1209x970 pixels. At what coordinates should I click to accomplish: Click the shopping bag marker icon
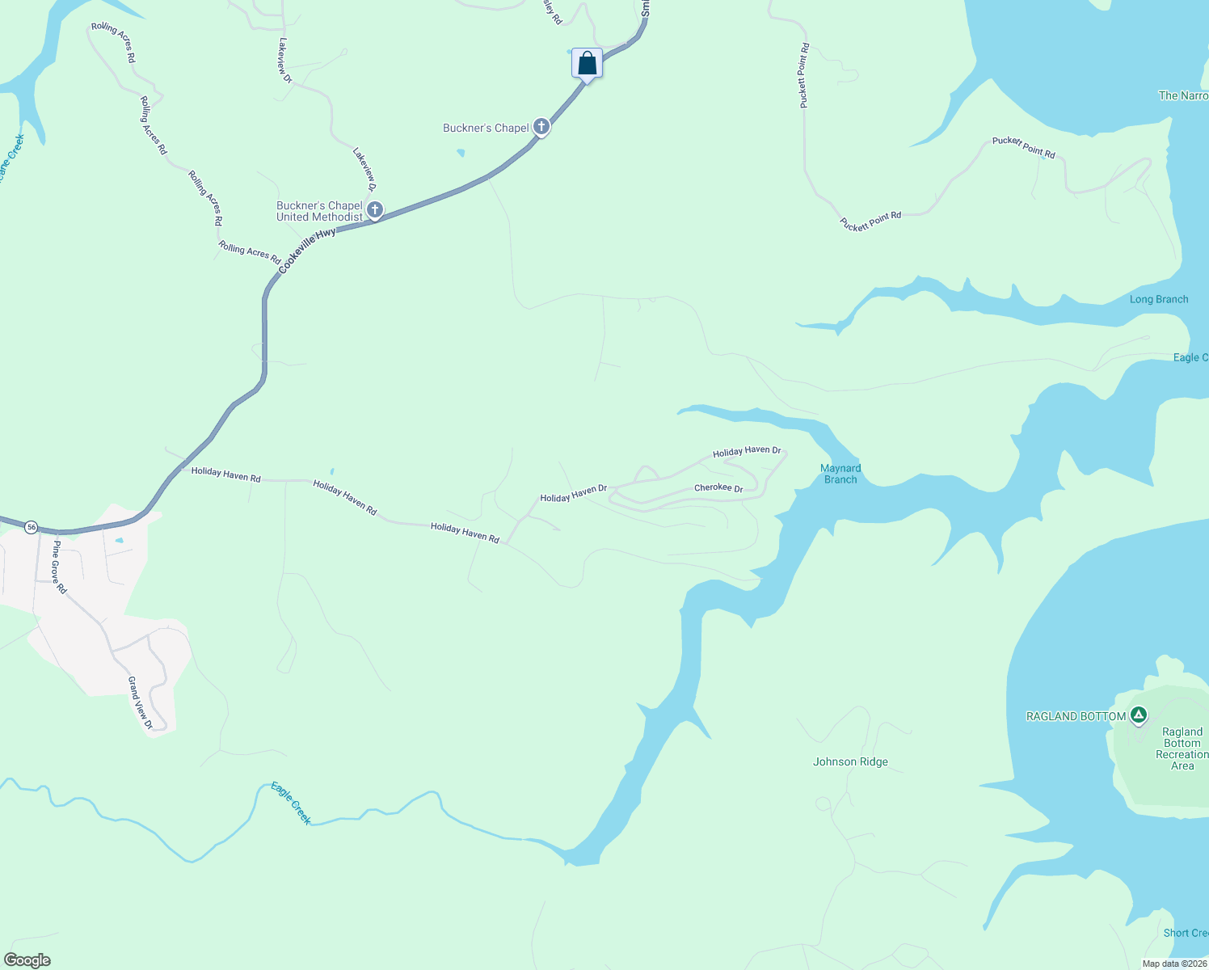pyautogui.click(x=588, y=64)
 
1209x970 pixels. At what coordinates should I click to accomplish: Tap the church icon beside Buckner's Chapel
pyautogui.click(x=541, y=126)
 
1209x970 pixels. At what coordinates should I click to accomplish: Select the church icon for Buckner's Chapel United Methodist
pyautogui.click(x=375, y=210)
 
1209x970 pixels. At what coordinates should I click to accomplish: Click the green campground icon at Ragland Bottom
pyautogui.click(x=1139, y=715)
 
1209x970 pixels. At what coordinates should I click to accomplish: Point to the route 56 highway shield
pyautogui.click(x=31, y=527)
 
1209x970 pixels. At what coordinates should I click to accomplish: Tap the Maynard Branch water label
pyautogui.click(x=840, y=474)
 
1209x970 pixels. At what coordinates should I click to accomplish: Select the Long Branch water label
pyautogui.click(x=1159, y=299)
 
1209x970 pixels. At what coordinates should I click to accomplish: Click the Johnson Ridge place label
pyautogui.click(x=850, y=761)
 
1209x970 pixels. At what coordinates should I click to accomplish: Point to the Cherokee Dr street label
pyautogui.click(x=718, y=488)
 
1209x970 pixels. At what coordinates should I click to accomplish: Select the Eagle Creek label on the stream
pyautogui.click(x=291, y=803)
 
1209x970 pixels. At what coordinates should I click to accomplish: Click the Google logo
pyautogui.click(x=27, y=960)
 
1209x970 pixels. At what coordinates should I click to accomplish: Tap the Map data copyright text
pyautogui.click(x=1174, y=964)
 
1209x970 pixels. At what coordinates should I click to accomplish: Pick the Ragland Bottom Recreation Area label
pyautogui.click(x=1182, y=749)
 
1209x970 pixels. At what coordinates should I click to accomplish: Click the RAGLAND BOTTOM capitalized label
pyautogui.click(x=1076, y=716)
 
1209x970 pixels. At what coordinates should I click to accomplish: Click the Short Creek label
pyautogui.click(x=1186, y=933)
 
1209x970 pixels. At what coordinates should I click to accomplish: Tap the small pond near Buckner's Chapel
pyautogui.click(x=461, y=152)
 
